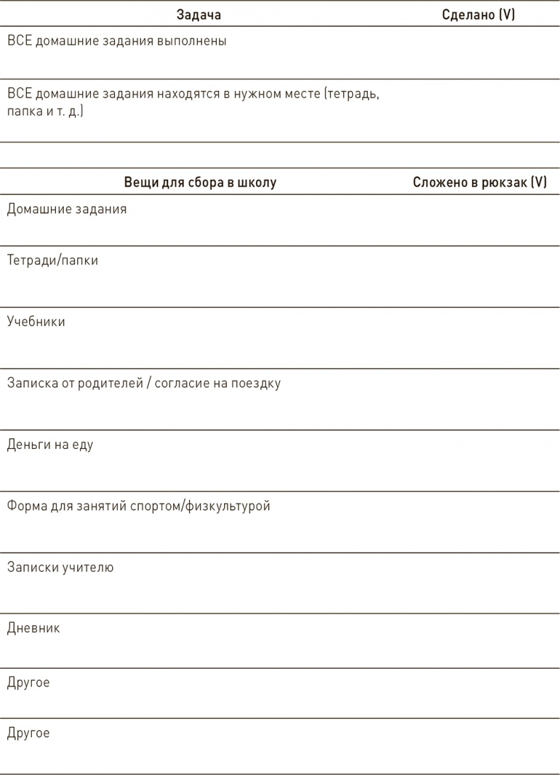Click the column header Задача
(198, 14)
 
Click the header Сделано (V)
(478, 14)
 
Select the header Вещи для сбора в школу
(200, 182)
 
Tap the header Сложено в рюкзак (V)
(480, 182)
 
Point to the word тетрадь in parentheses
(352, 94)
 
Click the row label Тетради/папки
(52, 260)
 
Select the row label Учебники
(36, 321)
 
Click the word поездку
(257, 384)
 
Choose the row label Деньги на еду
(50, 445)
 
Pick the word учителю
(88, 567)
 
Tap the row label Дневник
(33, 628)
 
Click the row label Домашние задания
(67, 209)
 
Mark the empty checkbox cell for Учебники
(480, 337)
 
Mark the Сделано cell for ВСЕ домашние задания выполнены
(478, 52)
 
